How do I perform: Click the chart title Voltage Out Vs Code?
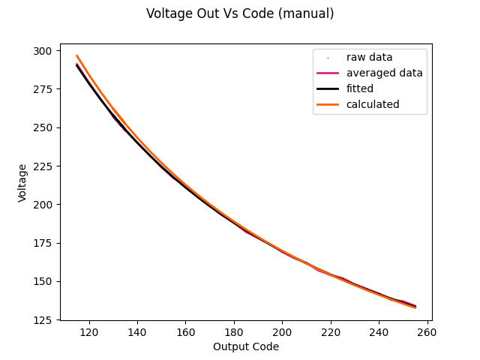pos(240,13)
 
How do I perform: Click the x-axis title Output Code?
pos(246,346)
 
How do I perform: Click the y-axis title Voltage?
pos(23,182)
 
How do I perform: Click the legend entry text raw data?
pos(369,57)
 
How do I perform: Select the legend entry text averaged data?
pos(384,73)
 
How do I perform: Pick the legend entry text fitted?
pos(359,88)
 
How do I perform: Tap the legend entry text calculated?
pos(373,104)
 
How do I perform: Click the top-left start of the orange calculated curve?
pos(77,55)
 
